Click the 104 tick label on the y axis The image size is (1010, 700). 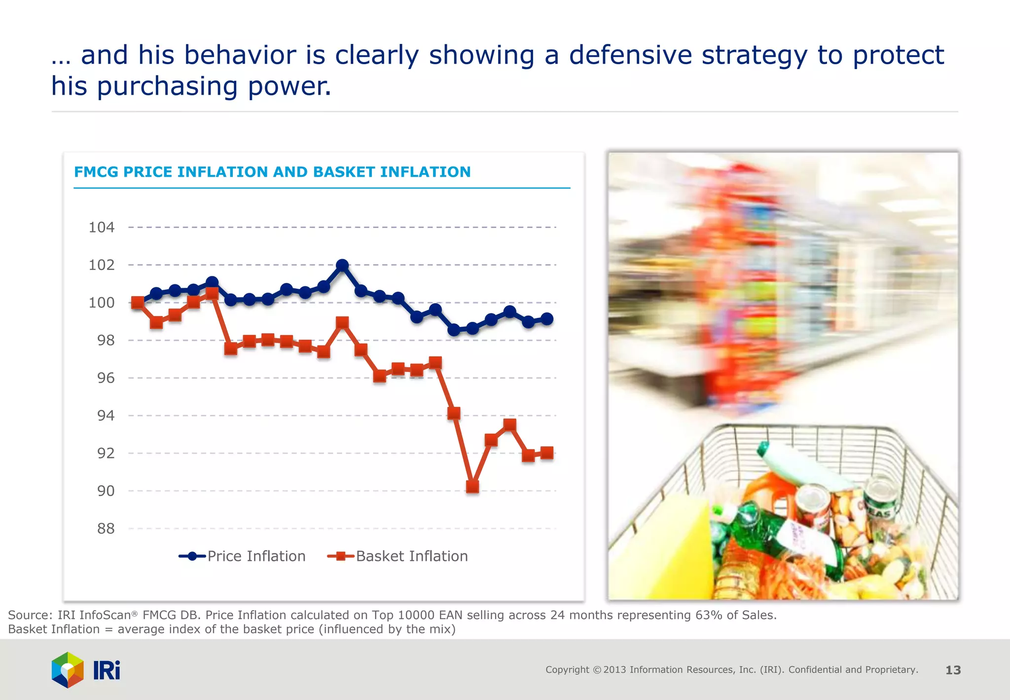pyautogui.click(x=102, y=228)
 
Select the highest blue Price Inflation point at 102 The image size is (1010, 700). pyautogui.click(x=342, y=265)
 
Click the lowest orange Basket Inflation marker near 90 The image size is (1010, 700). pyautogui.click(x=472, y=487)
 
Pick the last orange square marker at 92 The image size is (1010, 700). pyautogui.click(x=547, y=453)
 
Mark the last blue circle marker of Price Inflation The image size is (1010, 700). pyautogui.click(x=547, y=319)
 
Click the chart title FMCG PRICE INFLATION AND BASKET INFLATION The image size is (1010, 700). pyautogui.click(x=272, y=172)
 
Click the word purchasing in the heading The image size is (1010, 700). pyautogui.click(x=168, y=87)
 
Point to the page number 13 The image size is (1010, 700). pyautogui.click(x=953, y=670)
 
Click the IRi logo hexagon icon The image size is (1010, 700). pyautogui.click(x=68, y=670)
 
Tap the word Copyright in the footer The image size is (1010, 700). pyautogui.click(x=567, y=670)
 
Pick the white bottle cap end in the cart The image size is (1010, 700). pyautogui.click(x=764, y=449)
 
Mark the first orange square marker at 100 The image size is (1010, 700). pyautogui.click(x=138, y=303)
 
